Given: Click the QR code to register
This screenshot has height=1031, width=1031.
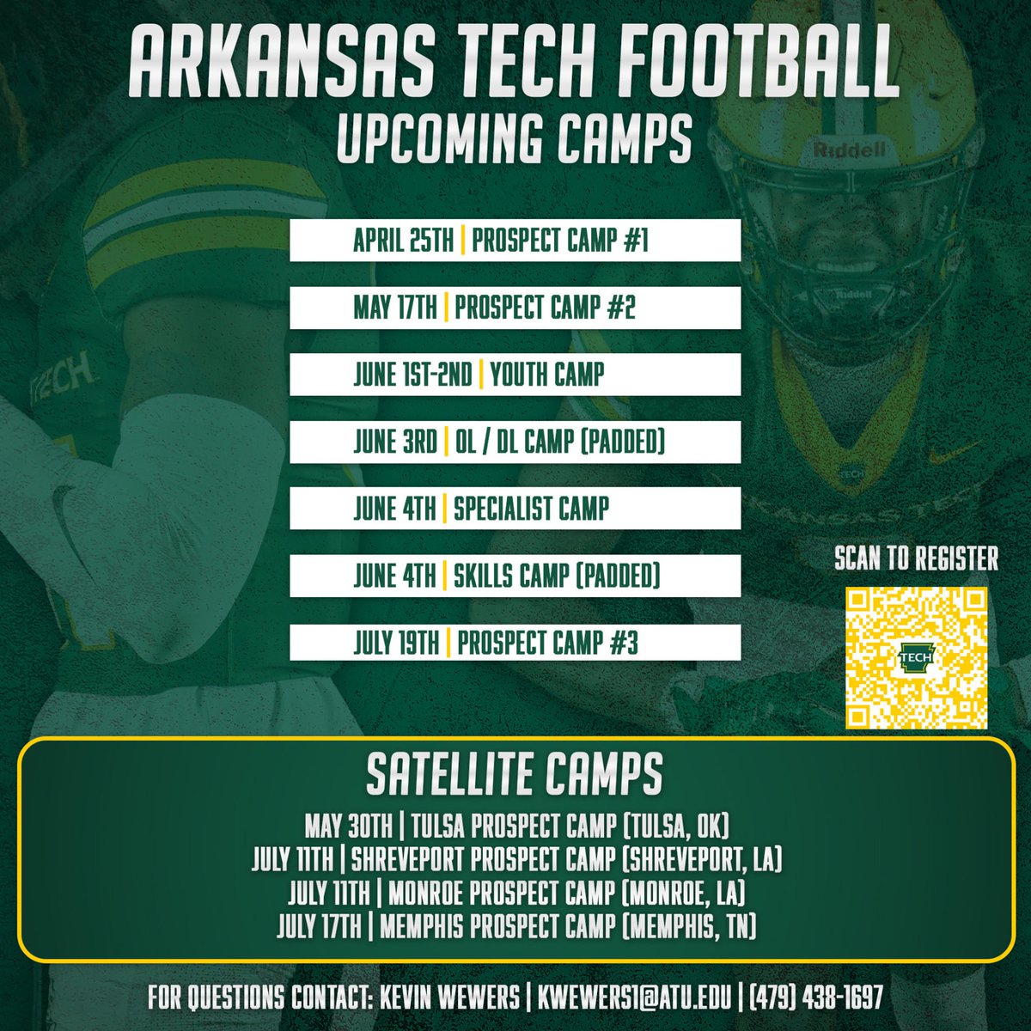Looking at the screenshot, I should [x=916, y=657].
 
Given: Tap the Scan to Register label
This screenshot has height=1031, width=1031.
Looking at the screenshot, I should [x=916, y=559].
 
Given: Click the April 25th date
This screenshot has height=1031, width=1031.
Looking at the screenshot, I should [x=403, y=241].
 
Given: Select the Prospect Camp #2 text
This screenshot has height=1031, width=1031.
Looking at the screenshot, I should [x=545, y=308].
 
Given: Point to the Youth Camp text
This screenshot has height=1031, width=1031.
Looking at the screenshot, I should [x=547, y=375].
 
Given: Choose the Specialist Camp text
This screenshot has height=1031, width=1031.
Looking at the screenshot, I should [x=531, y=509].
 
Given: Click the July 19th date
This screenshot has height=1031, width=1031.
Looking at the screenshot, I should [x=396, y=643].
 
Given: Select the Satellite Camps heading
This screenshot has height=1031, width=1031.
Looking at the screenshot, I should [x=515, y=775].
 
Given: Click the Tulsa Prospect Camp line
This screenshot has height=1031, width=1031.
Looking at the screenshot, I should [x=515, y=828].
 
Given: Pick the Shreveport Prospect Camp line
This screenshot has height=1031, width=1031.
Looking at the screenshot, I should [x=515, y=861].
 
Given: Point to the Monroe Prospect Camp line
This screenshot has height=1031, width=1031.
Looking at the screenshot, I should [x=515, y=894].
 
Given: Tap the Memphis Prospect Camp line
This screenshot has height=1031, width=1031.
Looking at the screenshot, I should [x=515, y=926].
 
